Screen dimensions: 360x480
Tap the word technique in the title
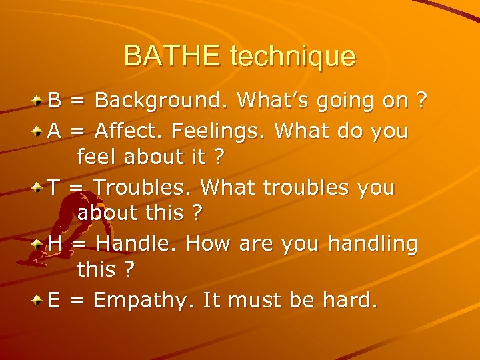pos(293,57)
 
